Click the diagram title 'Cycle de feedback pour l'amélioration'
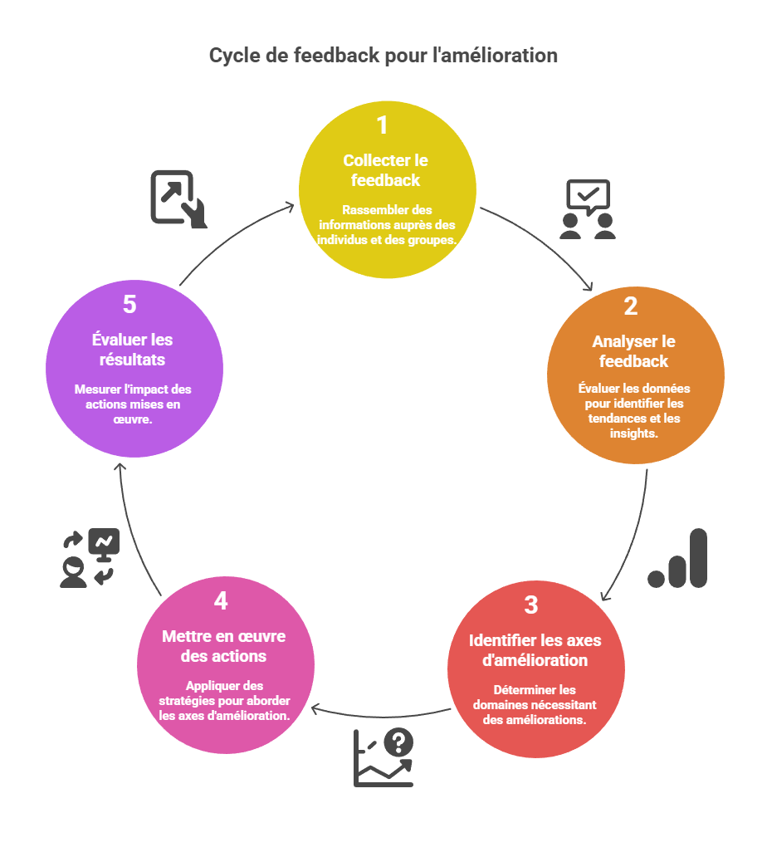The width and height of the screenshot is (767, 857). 383,56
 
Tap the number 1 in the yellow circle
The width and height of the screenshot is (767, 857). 382,125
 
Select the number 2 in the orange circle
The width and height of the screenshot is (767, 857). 631,306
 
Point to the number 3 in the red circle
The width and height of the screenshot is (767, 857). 531,605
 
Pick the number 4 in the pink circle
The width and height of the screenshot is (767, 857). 221,600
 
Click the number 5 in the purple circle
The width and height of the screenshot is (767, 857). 129,305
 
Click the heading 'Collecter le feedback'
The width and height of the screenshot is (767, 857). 385,170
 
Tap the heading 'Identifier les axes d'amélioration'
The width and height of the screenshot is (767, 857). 535,650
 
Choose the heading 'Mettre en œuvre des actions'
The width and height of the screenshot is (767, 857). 224,646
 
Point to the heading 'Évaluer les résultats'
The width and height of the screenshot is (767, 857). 134,350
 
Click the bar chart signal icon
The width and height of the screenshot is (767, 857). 677,559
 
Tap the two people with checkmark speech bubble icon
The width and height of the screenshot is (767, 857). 587,209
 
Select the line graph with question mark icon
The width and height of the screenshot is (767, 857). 383,757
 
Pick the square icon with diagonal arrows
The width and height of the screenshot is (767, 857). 178,198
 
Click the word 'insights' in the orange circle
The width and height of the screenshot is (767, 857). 633,433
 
